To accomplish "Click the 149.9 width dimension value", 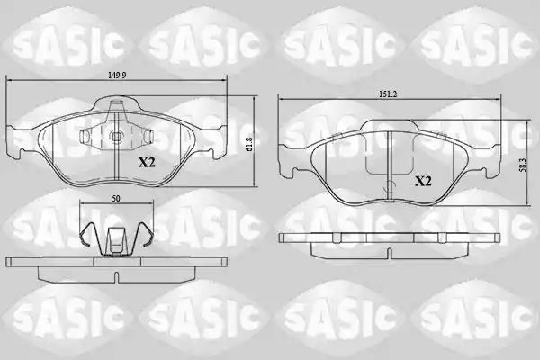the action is pyautogui.click(x=117, y=75).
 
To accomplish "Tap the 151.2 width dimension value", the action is pyautogui.click(x=388, y=94).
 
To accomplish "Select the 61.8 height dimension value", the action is pyautogui.click(x=249, y=145).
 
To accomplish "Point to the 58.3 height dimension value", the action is pyautogui.click(x=523, y=166).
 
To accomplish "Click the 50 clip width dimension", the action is pyautogui.click(x=116, y=198).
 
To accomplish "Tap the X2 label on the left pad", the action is pyautogui.click(x=147, y=162).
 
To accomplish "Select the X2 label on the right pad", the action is pyautogui.click(x=423, y=181).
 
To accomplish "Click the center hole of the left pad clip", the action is pyautogui.click(x=117, y=137).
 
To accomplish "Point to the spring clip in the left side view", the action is pyautogui.click(x=116, y=239).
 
